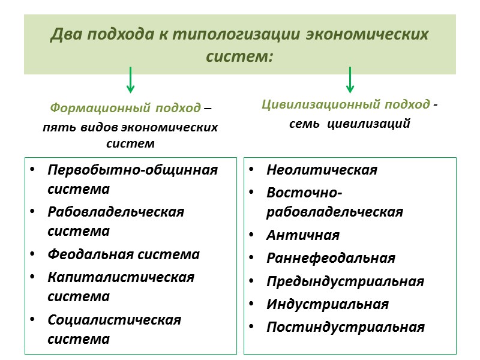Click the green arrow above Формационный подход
point(131,80)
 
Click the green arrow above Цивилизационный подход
point(350,80)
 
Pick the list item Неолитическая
point(322,170)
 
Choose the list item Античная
point(303,235)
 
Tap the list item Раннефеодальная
point(331,258)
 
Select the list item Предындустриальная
point(345,281)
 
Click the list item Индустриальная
point(328,304)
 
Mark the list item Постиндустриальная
point(346,327)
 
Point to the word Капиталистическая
point(121,277)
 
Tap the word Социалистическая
point(115,319)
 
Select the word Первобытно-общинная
point(133,170)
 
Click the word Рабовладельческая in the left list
point(116,212)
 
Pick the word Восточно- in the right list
point(304,193)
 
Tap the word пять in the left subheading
point(55,128)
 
